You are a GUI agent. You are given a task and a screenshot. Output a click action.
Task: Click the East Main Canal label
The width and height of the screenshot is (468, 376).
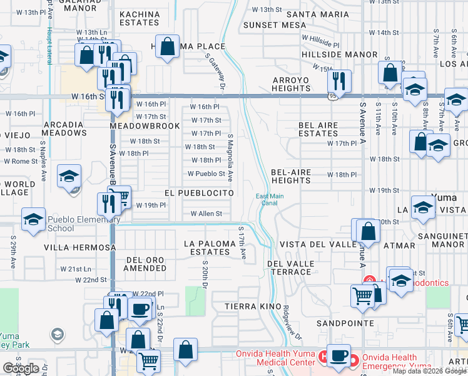click(270, 199)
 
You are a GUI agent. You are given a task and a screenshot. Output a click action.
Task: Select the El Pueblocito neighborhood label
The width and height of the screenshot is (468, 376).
click(200, 194)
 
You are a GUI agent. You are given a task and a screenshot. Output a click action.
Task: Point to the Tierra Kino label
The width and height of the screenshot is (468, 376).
click(251, 306)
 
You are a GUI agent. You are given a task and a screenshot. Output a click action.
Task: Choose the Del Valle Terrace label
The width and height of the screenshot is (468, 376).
click(290, 268)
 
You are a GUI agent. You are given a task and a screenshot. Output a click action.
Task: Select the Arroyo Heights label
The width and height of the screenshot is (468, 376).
click(291, 84)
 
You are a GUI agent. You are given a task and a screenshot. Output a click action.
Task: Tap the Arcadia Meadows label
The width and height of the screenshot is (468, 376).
click(64, 128)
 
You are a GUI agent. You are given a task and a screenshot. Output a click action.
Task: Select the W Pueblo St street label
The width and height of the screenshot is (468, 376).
click(206, 174)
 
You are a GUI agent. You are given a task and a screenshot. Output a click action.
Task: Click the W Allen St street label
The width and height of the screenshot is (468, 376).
click(206, 214)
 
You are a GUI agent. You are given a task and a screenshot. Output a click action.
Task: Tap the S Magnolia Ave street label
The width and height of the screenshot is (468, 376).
click(230, 157)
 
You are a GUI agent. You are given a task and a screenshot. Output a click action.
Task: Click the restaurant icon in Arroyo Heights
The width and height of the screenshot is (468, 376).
click(339, 81)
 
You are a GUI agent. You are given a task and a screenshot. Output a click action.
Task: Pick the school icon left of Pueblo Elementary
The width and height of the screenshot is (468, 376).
click(33, 219)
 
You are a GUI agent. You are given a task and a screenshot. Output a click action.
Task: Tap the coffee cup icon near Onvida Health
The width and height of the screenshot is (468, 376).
click(340, 355)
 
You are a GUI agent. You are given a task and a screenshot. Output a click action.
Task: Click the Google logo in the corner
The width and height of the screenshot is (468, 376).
click(21, 368)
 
